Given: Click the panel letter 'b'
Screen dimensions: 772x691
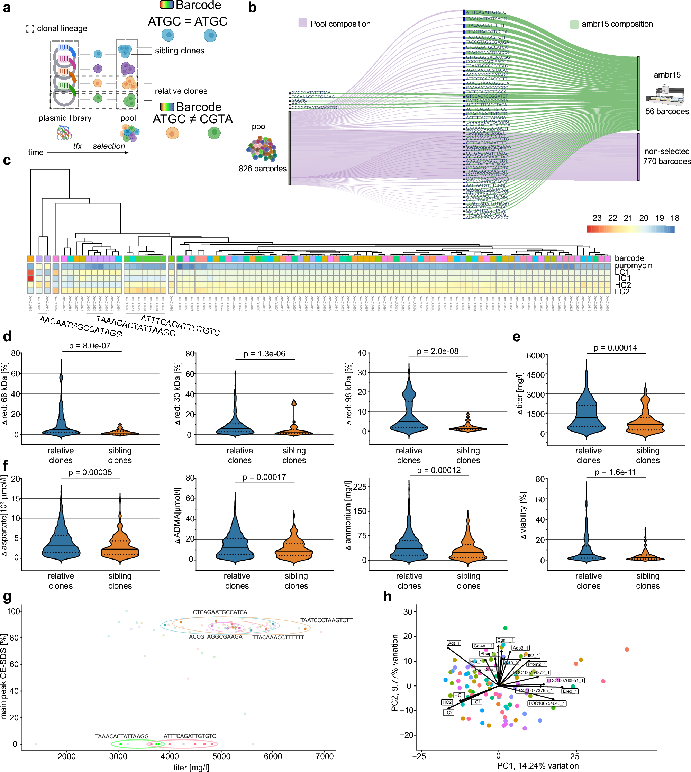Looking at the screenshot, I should coord(252,8).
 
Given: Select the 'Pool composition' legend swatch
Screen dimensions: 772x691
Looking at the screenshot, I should coord(303,23).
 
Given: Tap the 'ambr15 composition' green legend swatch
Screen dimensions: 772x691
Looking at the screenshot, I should coord(574,24).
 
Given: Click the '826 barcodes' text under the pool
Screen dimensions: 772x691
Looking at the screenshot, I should coord(262,168).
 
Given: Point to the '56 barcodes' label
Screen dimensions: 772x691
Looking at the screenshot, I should coord(667,111).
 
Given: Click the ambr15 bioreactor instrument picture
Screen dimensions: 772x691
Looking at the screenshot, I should coord(665,94).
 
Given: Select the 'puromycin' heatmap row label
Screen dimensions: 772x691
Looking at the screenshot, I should coord(633,265).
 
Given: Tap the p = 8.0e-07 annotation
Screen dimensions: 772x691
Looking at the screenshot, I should coord(90,346).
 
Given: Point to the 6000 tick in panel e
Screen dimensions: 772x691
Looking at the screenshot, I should coord(536,355).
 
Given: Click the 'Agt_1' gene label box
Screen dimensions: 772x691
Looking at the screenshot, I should coord(454,643).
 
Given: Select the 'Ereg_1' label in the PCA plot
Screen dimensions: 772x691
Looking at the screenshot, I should coord(570,691).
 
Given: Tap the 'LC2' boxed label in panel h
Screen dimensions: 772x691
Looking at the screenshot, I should coord(448,712).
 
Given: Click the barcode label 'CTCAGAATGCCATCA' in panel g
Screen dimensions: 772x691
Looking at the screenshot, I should coord(220,612).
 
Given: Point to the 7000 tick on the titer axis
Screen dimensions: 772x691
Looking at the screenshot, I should coord(324,756).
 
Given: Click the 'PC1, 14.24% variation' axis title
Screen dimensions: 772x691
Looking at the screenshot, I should coord(538,765).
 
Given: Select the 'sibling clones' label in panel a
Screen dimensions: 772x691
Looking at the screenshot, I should coord(179,51).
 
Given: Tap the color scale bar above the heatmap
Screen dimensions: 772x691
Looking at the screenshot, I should coord(630,229).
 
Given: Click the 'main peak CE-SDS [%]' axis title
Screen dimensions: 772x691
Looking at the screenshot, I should coord(4,676).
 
